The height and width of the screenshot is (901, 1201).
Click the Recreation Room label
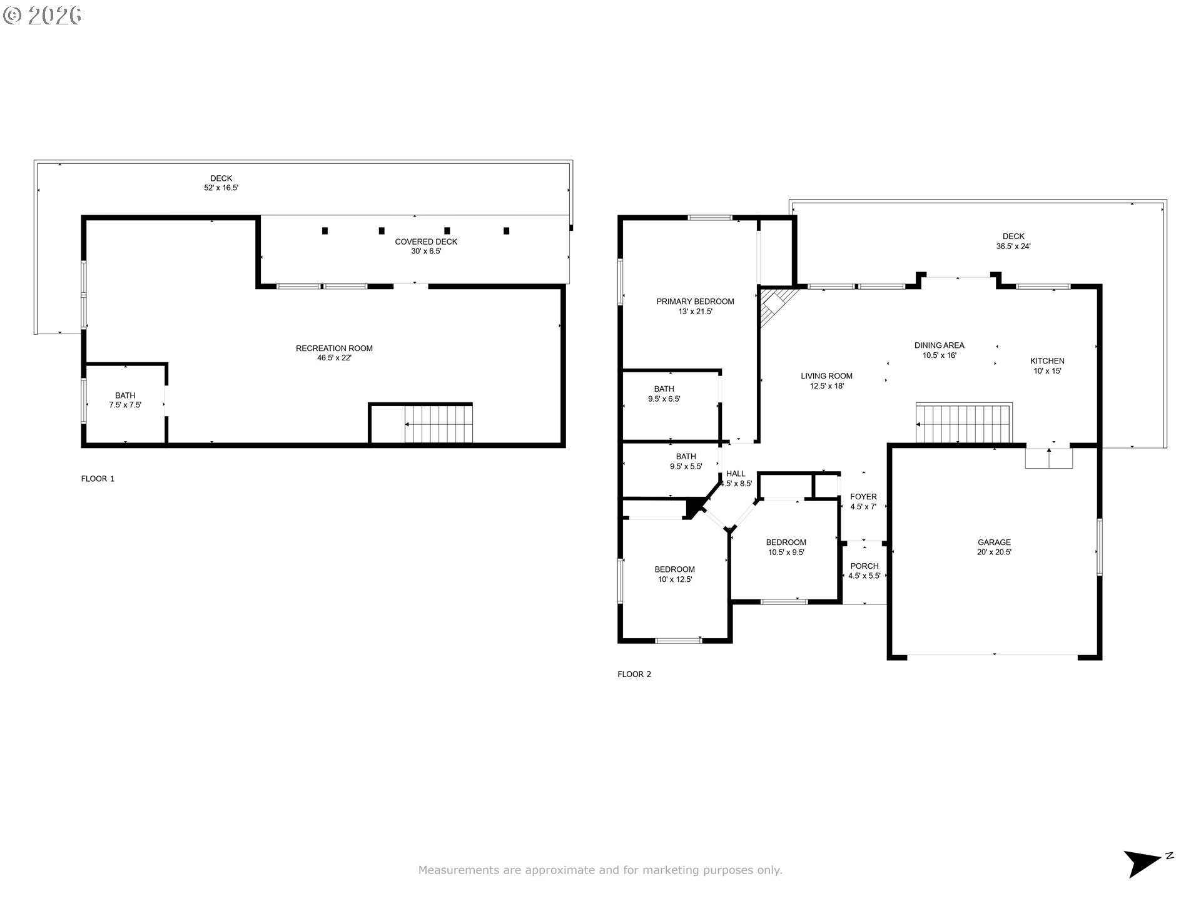(334, 353)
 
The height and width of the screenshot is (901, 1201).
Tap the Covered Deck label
(426, 247)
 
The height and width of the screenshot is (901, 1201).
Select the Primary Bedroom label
(695, 307)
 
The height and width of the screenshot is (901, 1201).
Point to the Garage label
(994, 547)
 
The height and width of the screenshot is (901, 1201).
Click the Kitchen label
(1047, 365)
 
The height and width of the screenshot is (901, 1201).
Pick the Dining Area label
(939, 350)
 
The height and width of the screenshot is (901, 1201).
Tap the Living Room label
(826, 381)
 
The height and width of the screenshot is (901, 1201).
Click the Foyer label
(863, 502)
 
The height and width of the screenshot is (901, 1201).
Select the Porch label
(864, 571)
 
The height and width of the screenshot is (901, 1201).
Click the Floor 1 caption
(98, 479)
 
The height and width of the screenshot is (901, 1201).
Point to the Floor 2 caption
(634, 674)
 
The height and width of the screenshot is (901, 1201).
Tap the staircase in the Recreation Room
(438, 424)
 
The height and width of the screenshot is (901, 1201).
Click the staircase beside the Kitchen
(964, 424)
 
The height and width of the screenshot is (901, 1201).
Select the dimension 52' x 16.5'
(221, 188)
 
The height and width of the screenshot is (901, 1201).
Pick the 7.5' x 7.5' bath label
(125, 400)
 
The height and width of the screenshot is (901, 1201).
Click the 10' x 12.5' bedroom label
(674, 574)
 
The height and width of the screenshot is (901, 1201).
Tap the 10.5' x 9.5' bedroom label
(786, 547)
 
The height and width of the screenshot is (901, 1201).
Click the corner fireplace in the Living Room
(776, 307)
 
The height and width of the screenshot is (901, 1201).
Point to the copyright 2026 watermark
(43, 16)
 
